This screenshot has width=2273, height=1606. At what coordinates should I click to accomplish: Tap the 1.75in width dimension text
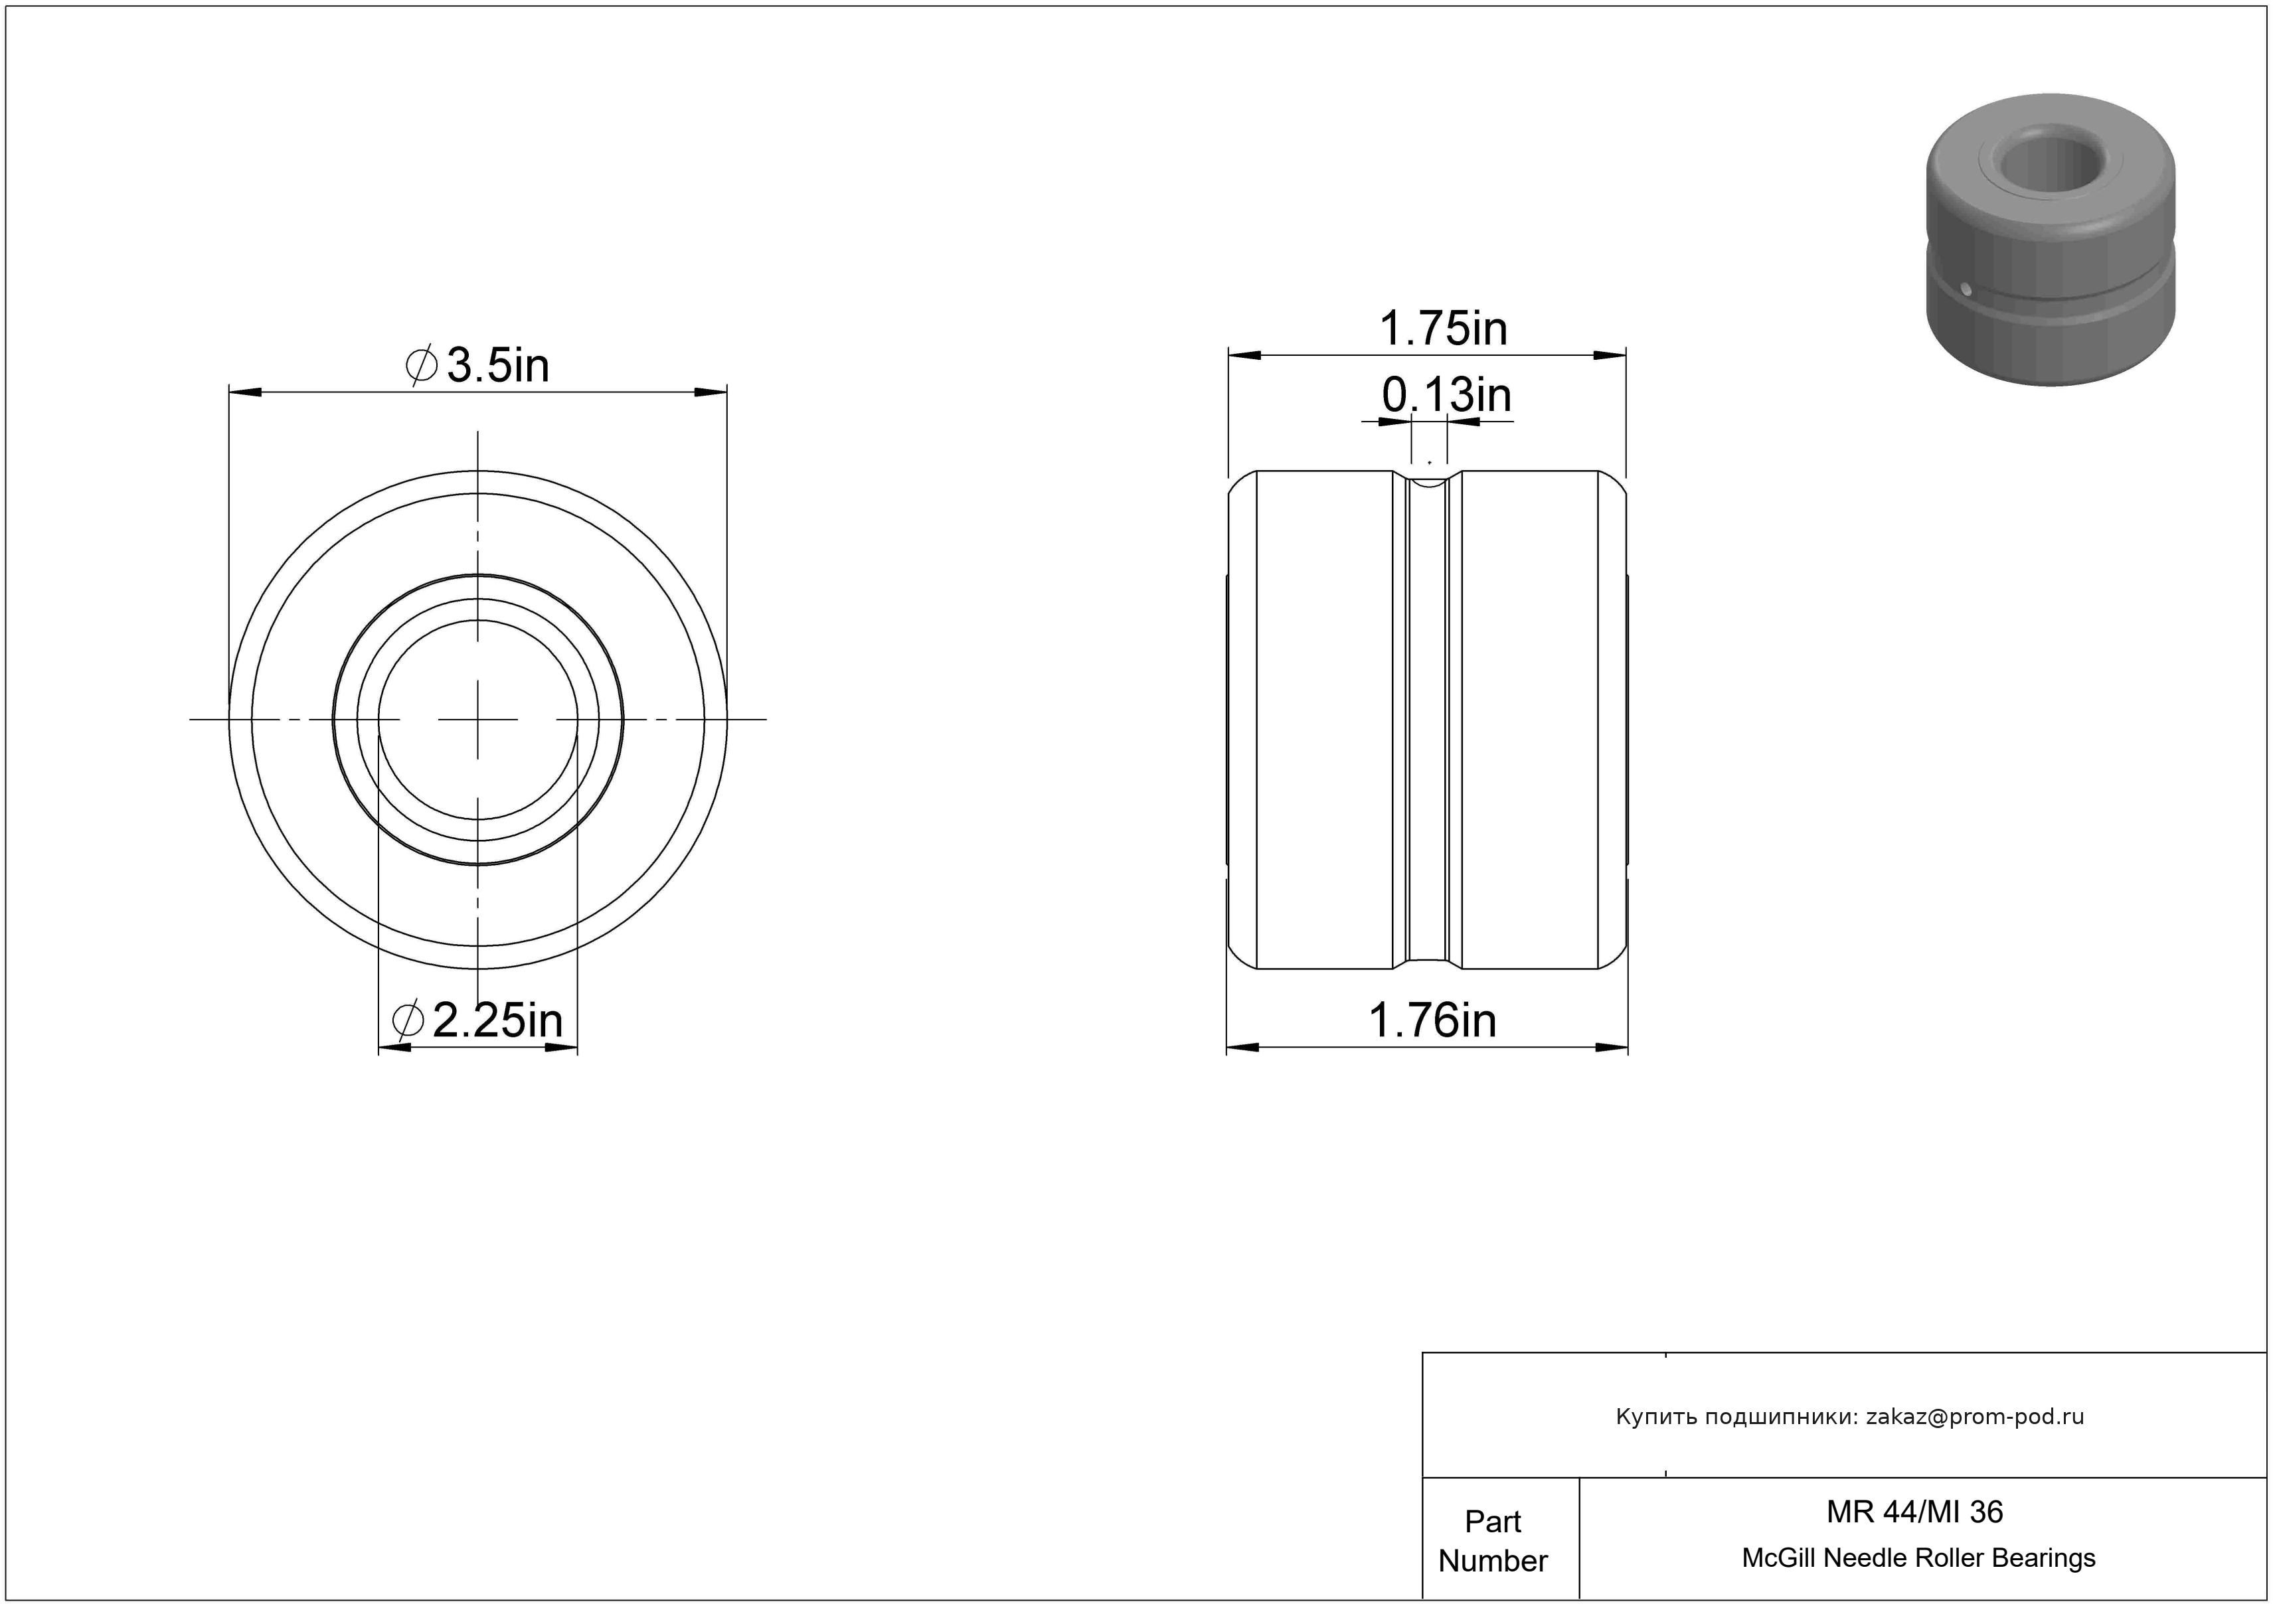pyautogui.click(x=1444, y=329)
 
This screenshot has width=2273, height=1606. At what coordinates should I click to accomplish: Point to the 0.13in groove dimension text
pyautogui.click(x=1446, y=396)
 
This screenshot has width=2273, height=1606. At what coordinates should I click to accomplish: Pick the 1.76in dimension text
pyautogui.click(x=1432, y=1020)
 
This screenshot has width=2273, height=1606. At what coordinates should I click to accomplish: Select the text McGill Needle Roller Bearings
pyautogui.click(x=1918, y=1558)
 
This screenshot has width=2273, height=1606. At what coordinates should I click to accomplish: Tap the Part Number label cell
pyautogui.click(x=1493, y=1541)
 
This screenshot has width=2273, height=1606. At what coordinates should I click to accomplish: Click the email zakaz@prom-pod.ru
pyautogui.click(x=1974, y=1417)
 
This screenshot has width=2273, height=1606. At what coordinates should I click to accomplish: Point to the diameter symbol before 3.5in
pyautogui.click(x=422, y=365)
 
